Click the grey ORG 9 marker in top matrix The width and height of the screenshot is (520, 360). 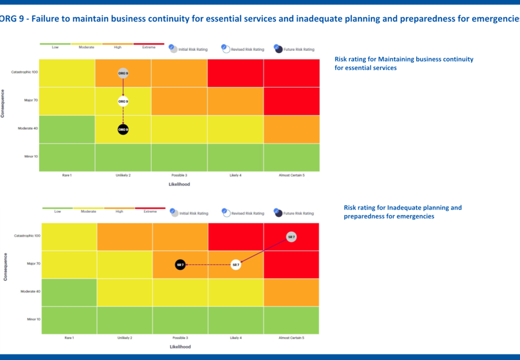point(123,73)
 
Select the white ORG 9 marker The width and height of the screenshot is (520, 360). point(123,101)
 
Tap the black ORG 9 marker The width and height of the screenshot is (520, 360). point(123,129)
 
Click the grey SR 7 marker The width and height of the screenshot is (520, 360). point(291,237)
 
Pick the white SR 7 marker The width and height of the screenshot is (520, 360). point(236,265)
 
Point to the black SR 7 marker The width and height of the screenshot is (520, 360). point(180,265)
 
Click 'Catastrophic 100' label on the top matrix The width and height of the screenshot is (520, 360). point(24,72)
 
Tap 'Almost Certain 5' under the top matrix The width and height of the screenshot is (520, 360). point(292,175)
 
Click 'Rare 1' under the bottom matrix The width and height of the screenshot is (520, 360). point(69,338)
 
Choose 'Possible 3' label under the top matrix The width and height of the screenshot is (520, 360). point(179,175)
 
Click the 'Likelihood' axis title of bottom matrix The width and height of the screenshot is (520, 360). point(180,347)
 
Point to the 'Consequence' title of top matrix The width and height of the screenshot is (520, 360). point(3,103)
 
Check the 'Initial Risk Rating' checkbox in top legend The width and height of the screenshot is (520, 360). point(171,47)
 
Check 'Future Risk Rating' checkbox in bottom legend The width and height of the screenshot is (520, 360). point(276,211)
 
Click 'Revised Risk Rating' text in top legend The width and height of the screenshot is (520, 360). point(247,49)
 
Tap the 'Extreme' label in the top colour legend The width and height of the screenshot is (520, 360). point(149,47)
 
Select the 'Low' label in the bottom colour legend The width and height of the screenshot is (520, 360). point(57,211)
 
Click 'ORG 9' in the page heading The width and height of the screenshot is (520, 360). point(11,19)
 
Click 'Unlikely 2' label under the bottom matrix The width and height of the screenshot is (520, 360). point(125,338)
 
